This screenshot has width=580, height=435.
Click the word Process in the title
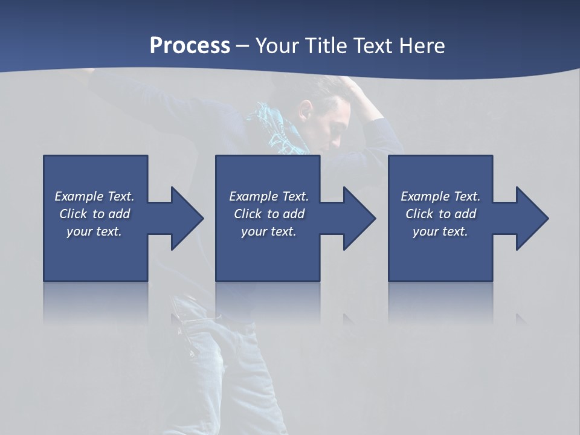point(190,46)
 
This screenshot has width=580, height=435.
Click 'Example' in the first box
point(79,196)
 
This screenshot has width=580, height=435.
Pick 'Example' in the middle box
point(253,196)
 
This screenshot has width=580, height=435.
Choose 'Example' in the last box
point(425,196)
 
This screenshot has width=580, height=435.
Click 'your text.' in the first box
point(94,231)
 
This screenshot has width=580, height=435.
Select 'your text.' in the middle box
point(269,231)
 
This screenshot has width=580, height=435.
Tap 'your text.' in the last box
point(440,231)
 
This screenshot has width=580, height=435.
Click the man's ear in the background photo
point(306,111)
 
